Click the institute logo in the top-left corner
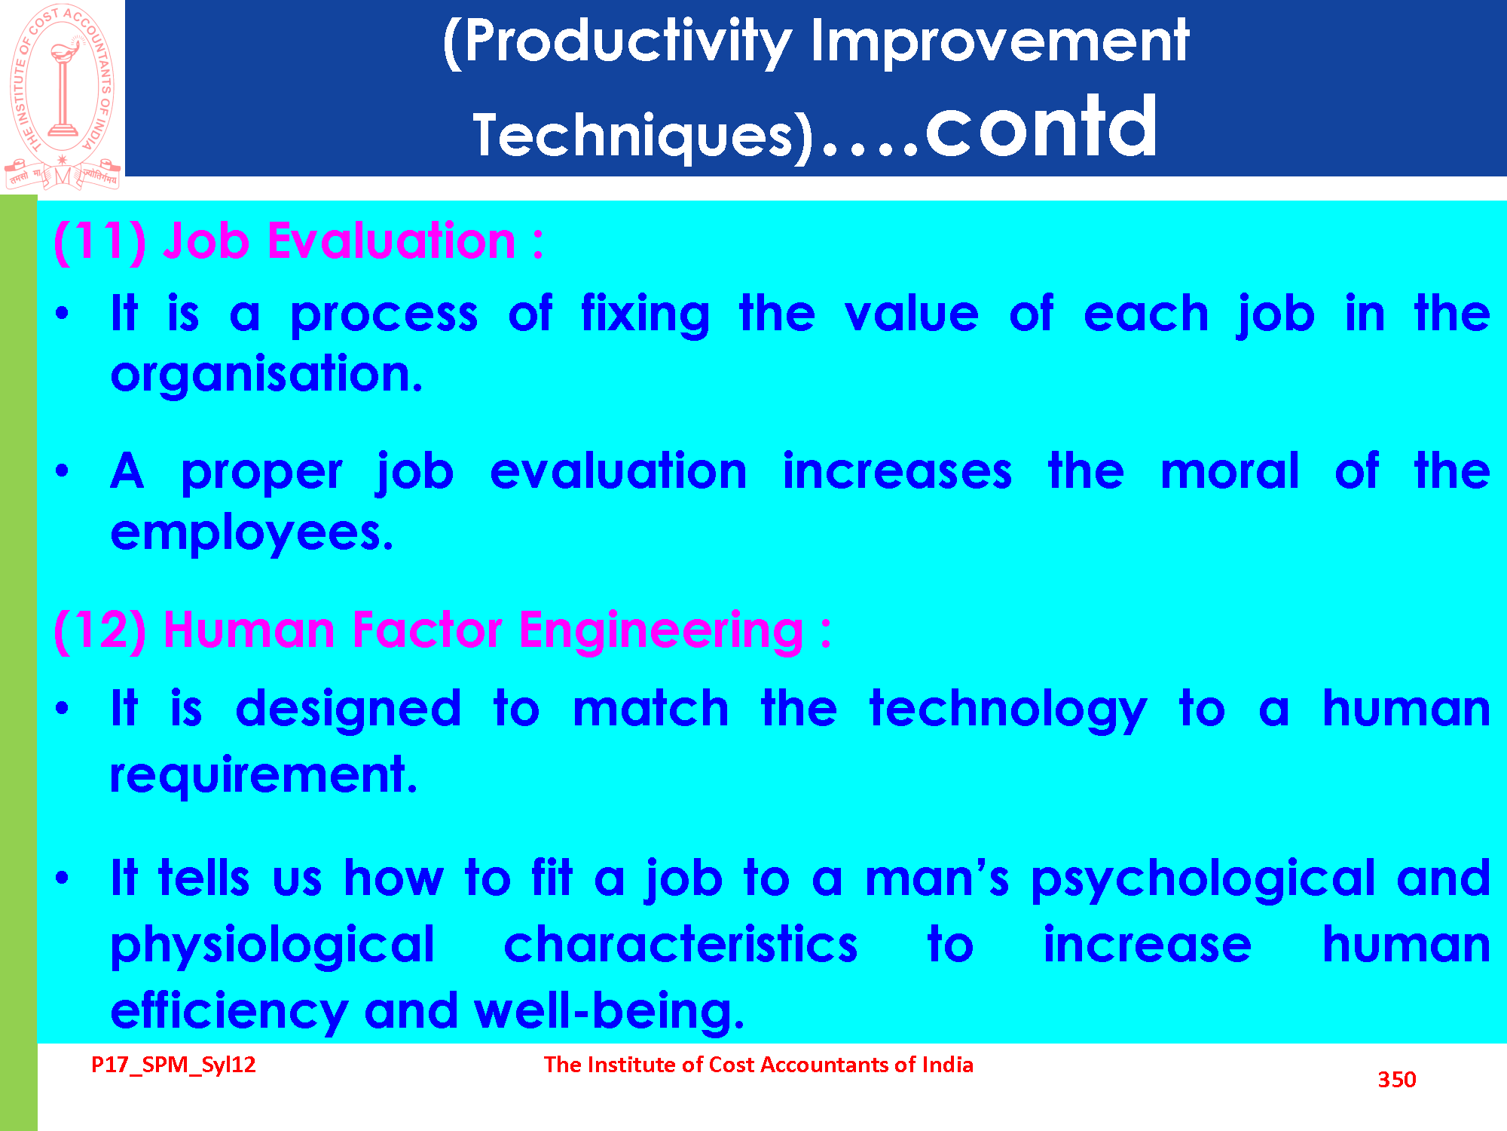pyautogui.click(x=63, y=97)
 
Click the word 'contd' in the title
pyautogui.click(x=1041, y=127)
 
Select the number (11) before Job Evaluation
pyautogui.click(x=100, y=242)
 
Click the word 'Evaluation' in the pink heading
pyautogui.click(x=392, y=241)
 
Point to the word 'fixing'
pyautogui.click(x=645, y=315)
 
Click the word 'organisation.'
pyautogui.click(x=267, y=375)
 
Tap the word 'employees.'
pyautogui.click(x=252, y=535)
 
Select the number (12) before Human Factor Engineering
pyautogui.click(x=100, y=630)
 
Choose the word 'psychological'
pyautogui.click(x=1203, y=880)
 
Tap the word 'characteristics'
pyautogui.click(x=680, y=945)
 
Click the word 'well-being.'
pyautogui.click(x=610, y=1011)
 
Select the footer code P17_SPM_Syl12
pyautogui.click(x=173, y=1065)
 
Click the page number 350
pyautogui.click(x=1397, y=1080)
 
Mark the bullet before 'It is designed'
pyautogui.click(x=62, y=708)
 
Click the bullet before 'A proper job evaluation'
pyautogui.click(x=62, y=471)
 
